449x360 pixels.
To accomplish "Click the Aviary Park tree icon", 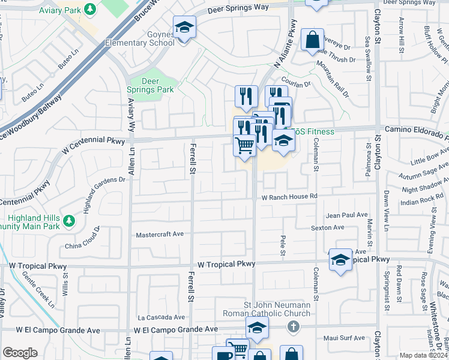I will (x=89, y=10).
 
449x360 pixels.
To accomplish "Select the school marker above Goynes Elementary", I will (x=184, y=28).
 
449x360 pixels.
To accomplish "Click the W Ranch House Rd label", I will (x=289, y=196).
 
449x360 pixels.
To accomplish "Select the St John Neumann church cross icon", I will (x=293, y=327).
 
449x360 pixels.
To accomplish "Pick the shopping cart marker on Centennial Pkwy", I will (x=244, y=145).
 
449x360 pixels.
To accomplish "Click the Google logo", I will (x=20, y=353).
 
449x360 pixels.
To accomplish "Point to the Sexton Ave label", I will (x=327, y=227).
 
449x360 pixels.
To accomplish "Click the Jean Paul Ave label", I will (x=346, y=214).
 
